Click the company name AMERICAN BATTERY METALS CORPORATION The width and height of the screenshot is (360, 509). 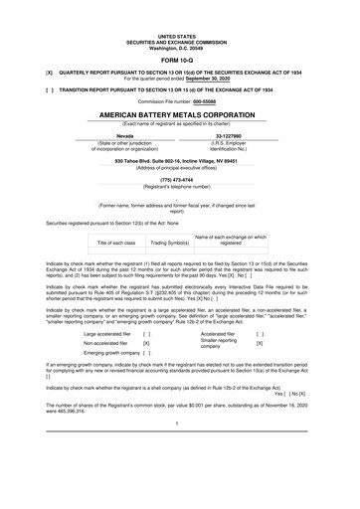pyautogui.click(x=180, y=115)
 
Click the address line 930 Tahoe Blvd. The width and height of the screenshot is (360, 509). pyautogui.click(x=180, y=160)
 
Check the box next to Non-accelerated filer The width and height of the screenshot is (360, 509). pyautogui.click(x=146, y=344)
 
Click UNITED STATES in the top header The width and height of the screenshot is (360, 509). pyautogui.click(x=180, y=32)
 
